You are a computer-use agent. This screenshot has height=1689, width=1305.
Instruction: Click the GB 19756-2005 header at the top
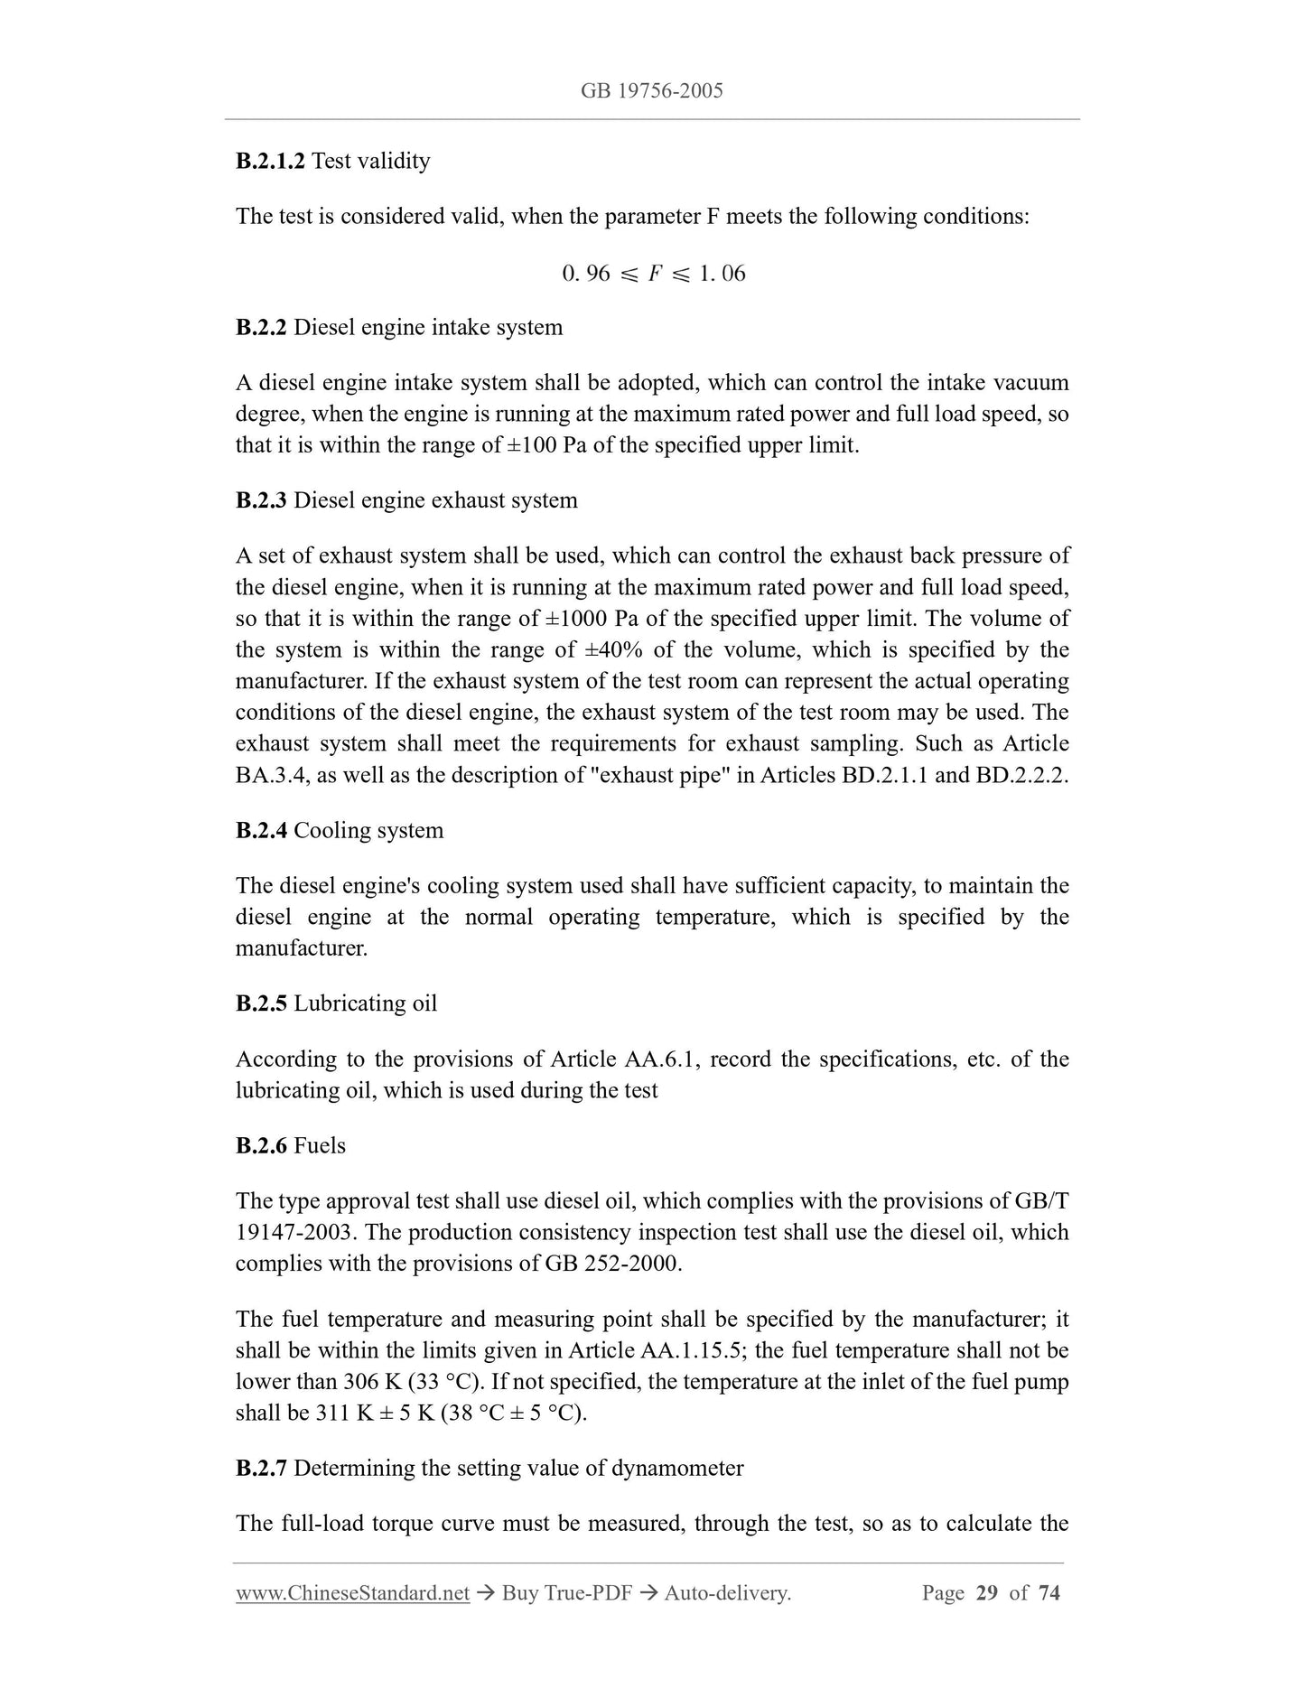(652, 90)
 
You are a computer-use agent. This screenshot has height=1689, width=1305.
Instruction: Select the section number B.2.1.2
(270, 161)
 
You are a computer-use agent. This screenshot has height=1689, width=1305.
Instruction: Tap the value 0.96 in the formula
(586, 273)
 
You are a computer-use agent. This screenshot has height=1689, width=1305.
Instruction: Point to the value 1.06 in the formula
(722, 273)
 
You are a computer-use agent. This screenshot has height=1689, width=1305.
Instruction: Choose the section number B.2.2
(261, 327)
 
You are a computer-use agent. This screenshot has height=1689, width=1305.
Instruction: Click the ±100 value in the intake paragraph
(533, 445)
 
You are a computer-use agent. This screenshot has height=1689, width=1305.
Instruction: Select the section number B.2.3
(261, 500)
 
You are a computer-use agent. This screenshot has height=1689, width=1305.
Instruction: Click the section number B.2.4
(261, 831)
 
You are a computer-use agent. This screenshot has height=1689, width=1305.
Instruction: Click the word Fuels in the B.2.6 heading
(320, 1145)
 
